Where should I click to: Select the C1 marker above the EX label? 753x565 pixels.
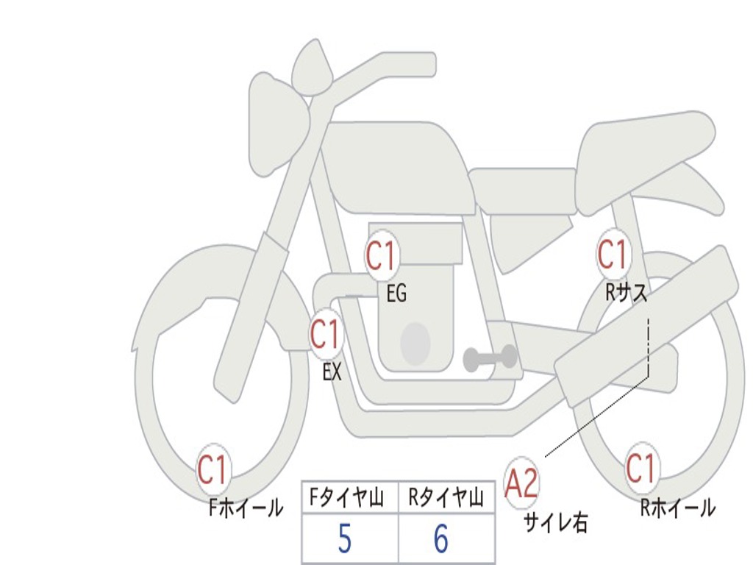(325, 335)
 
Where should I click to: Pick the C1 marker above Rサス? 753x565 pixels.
(612, 255)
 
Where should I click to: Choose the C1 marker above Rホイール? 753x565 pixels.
(640, 469)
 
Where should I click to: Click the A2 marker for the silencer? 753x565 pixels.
(522, 483)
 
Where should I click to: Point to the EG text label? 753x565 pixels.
(396, 294)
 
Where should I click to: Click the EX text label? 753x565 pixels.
(332, 372)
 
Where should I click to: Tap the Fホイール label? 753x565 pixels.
(246, 508)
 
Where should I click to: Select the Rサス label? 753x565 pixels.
(627, 293)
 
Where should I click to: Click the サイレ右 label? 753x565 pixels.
(555, 522)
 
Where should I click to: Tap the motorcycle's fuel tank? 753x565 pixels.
(397, 166)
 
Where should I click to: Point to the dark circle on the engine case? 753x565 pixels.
(415, 343)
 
